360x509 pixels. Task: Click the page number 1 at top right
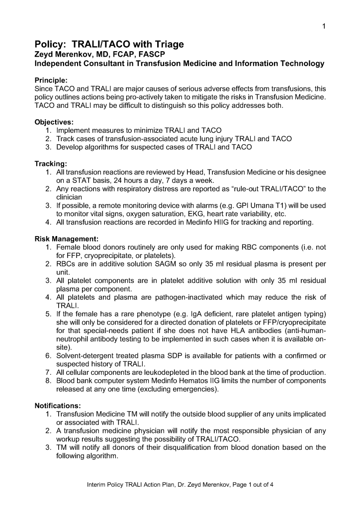pyautogui.click(x=324, y=26)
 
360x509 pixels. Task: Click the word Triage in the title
pyautogui.click(x=167, y=45)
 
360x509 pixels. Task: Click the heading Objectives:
pyautogui.click(x=54, y=122)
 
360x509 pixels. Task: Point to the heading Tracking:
pyautogui.click(x=51, y=164)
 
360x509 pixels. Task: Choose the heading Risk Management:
pyautogui.click(x=67, y=239)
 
